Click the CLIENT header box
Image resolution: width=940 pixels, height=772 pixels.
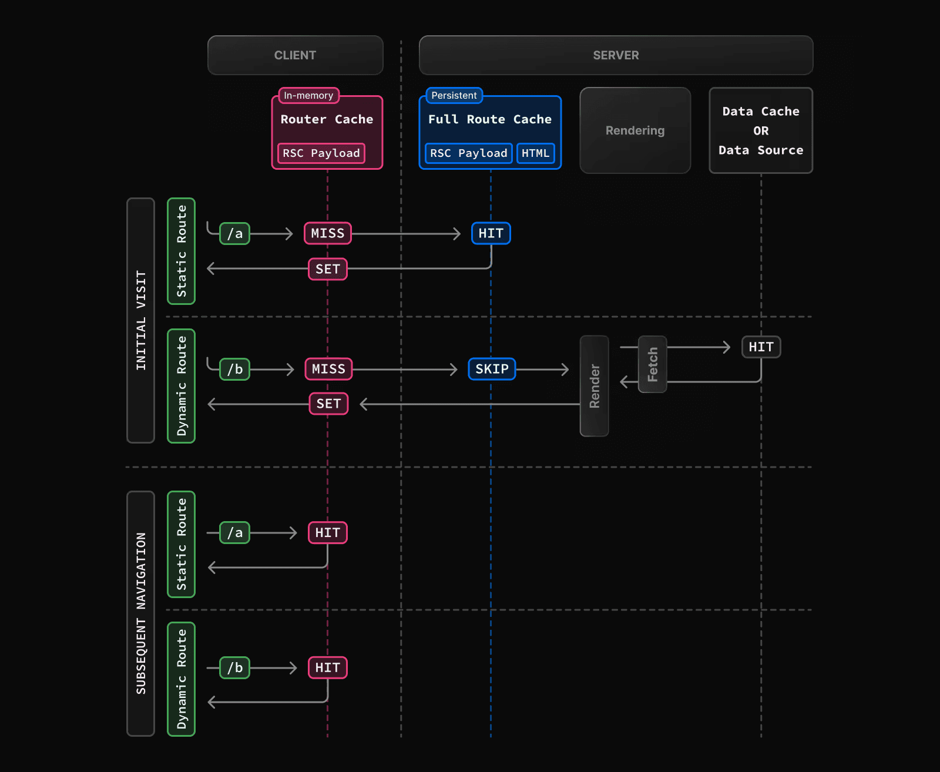pyautogui.click(x=295, y=55)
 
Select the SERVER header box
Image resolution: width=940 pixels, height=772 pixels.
pyautogui.click(x=616, y=55)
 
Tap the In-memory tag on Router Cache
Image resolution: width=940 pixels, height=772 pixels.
pyautogui.click(x=308, y=95)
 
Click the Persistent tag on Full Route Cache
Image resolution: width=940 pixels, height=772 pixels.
pyautogui.click(x=454, y=95)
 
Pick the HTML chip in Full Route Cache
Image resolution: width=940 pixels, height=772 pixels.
pyautogui.click(x=535, y=153)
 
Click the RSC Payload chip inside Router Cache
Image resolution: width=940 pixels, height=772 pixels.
pyautogui.click(x=321, y=153)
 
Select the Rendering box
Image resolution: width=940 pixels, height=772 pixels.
pyautogui.click(x=635, y=130)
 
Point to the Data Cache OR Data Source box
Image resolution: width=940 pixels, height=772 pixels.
pyautogui.click(x=761, y=130)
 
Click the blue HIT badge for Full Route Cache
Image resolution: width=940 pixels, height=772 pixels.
pyautogui.click(x=491, y=233)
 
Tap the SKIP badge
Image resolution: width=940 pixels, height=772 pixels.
pyautogui.click(x=492, y=369)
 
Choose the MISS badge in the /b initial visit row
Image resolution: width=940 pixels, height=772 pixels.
pyautogui.click(x=328, y=369)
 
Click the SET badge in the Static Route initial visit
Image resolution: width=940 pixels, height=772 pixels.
pyautogui.click(x=328, y=269)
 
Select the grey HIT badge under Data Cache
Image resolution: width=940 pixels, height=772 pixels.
pyautogui.click(x=761, y=347)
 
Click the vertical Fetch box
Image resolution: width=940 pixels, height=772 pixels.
pyautogui.click(x=652, y=364)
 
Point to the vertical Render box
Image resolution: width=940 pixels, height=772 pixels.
pyautogui.click(x=594, y=386)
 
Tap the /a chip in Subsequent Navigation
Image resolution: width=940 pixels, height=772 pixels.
pyautogui.click(x=234, y=533)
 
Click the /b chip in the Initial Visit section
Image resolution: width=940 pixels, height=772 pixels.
pyautogui.click(x=234, y=369)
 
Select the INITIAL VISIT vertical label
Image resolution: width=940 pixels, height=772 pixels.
pyautogui.click(x=140, y=320)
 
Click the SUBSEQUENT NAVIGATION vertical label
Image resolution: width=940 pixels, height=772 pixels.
pyautogui.click(x=140, y=613)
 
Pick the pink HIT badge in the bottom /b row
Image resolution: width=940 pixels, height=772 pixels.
pyautogui.click(x=328, y=668)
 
